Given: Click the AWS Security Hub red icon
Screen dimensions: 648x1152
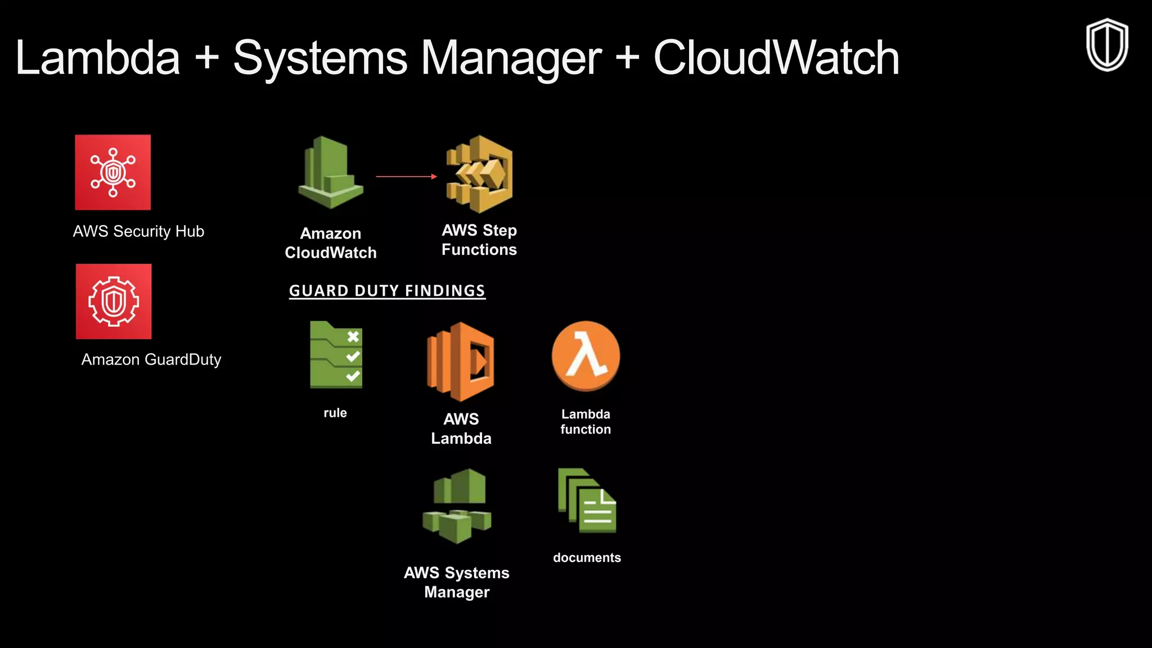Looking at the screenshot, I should tap(112, 172).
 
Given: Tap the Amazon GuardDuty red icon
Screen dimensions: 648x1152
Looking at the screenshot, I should tap(114, 301).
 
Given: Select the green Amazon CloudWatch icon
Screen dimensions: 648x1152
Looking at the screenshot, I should tap(331, 173).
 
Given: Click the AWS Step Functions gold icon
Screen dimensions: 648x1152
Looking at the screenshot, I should tap(479, 174).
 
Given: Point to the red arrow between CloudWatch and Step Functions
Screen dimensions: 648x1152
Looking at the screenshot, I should tap(406, 177).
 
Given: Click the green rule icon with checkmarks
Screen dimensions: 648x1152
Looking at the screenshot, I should tap(336, 355).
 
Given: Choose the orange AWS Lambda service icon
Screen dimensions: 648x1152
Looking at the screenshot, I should tap(461, 362).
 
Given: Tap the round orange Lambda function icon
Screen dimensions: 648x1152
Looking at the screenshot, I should tap(586, 355).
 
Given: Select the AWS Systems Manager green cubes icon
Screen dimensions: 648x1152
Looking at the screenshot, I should tap(457, 506).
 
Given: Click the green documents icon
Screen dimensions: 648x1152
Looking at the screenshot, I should tap(587, 501).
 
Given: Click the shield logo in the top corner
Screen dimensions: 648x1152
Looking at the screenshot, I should tap(1106, 45).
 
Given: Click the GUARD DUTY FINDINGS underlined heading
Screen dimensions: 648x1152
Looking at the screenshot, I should tap(387, 291).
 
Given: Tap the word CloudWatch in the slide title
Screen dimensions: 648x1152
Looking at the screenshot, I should tap(776, 58).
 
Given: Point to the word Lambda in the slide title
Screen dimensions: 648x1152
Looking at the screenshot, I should tap(98, 58).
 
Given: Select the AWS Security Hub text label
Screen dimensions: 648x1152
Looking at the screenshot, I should tap(138, 231).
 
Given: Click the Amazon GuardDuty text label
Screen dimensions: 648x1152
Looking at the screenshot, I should tap(151, 359).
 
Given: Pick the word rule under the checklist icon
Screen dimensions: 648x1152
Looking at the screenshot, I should tap(335, 413).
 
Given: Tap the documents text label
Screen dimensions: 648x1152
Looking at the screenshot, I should tap(587, 557).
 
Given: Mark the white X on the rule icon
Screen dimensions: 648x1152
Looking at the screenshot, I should tap(353, 337).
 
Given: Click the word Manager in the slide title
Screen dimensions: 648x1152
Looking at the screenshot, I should tap(511, 58).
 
